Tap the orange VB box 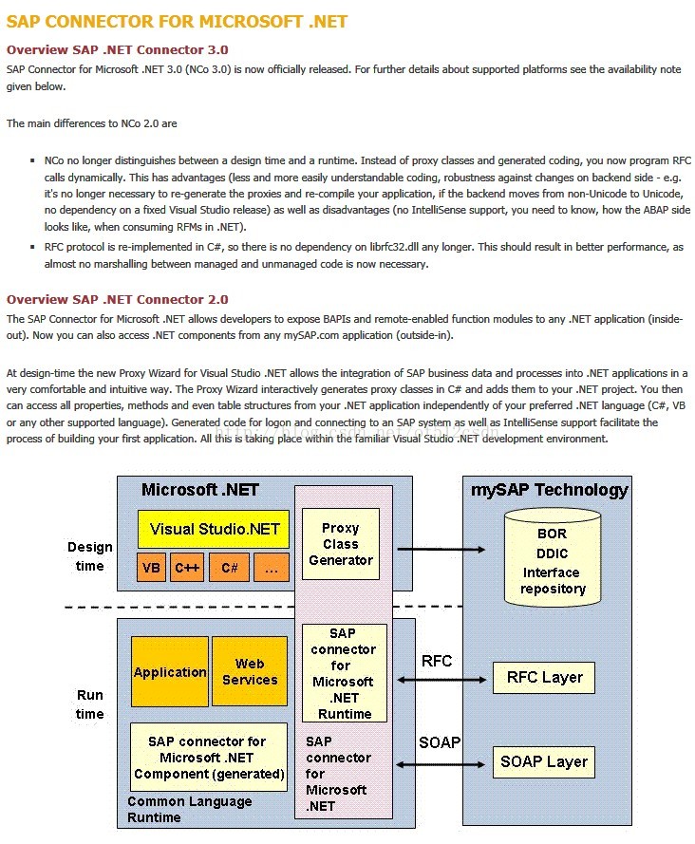tap(151, 568)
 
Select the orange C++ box tap(187, 568)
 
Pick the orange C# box tap(229, 568)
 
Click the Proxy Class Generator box tap(340, 544)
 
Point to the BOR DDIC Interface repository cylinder tap(551, 557)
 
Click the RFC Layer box tap(544, 678)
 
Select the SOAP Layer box tap(544, 761)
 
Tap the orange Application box tap(170, 672)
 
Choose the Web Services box tap(249, 672)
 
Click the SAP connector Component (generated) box tap(209, 758)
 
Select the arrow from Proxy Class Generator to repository tap(442, 549)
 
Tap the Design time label tap(89, 556)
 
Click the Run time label tap(89, 704)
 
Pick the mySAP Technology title tap(550, 490)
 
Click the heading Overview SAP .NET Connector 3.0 tap(117, 49)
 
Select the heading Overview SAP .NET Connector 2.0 tap(117, 299)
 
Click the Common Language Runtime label tap(190, 809)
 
